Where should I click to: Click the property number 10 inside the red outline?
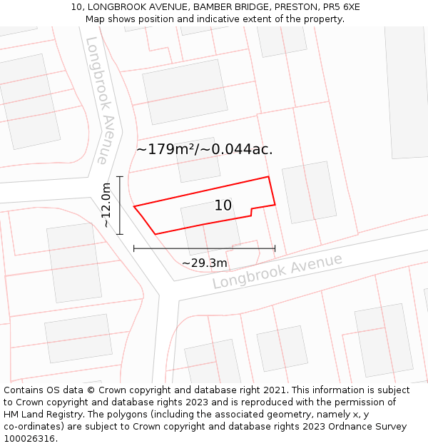pyautogui.click(x=223, y=206)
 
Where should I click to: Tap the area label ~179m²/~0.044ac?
pyautogui.click(x=204, y=149)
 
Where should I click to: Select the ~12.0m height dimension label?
pyautogui.click(x=106, y=205)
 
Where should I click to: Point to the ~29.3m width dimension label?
pyautogui.click(x=204, y=263)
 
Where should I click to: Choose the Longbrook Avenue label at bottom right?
pyautogui.click(x=277, y=271)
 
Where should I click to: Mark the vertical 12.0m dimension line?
pyautogui.click(x=120, y=205)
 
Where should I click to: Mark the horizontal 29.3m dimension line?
pyautogui.click(x=204, y=248)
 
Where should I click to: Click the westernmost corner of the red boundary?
pyautogui.click(x=134, y=207)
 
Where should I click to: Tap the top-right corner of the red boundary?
pyautogui.click(x=267, y=176)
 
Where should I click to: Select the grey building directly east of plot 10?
pyautogui.click(x=309, y=191)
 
